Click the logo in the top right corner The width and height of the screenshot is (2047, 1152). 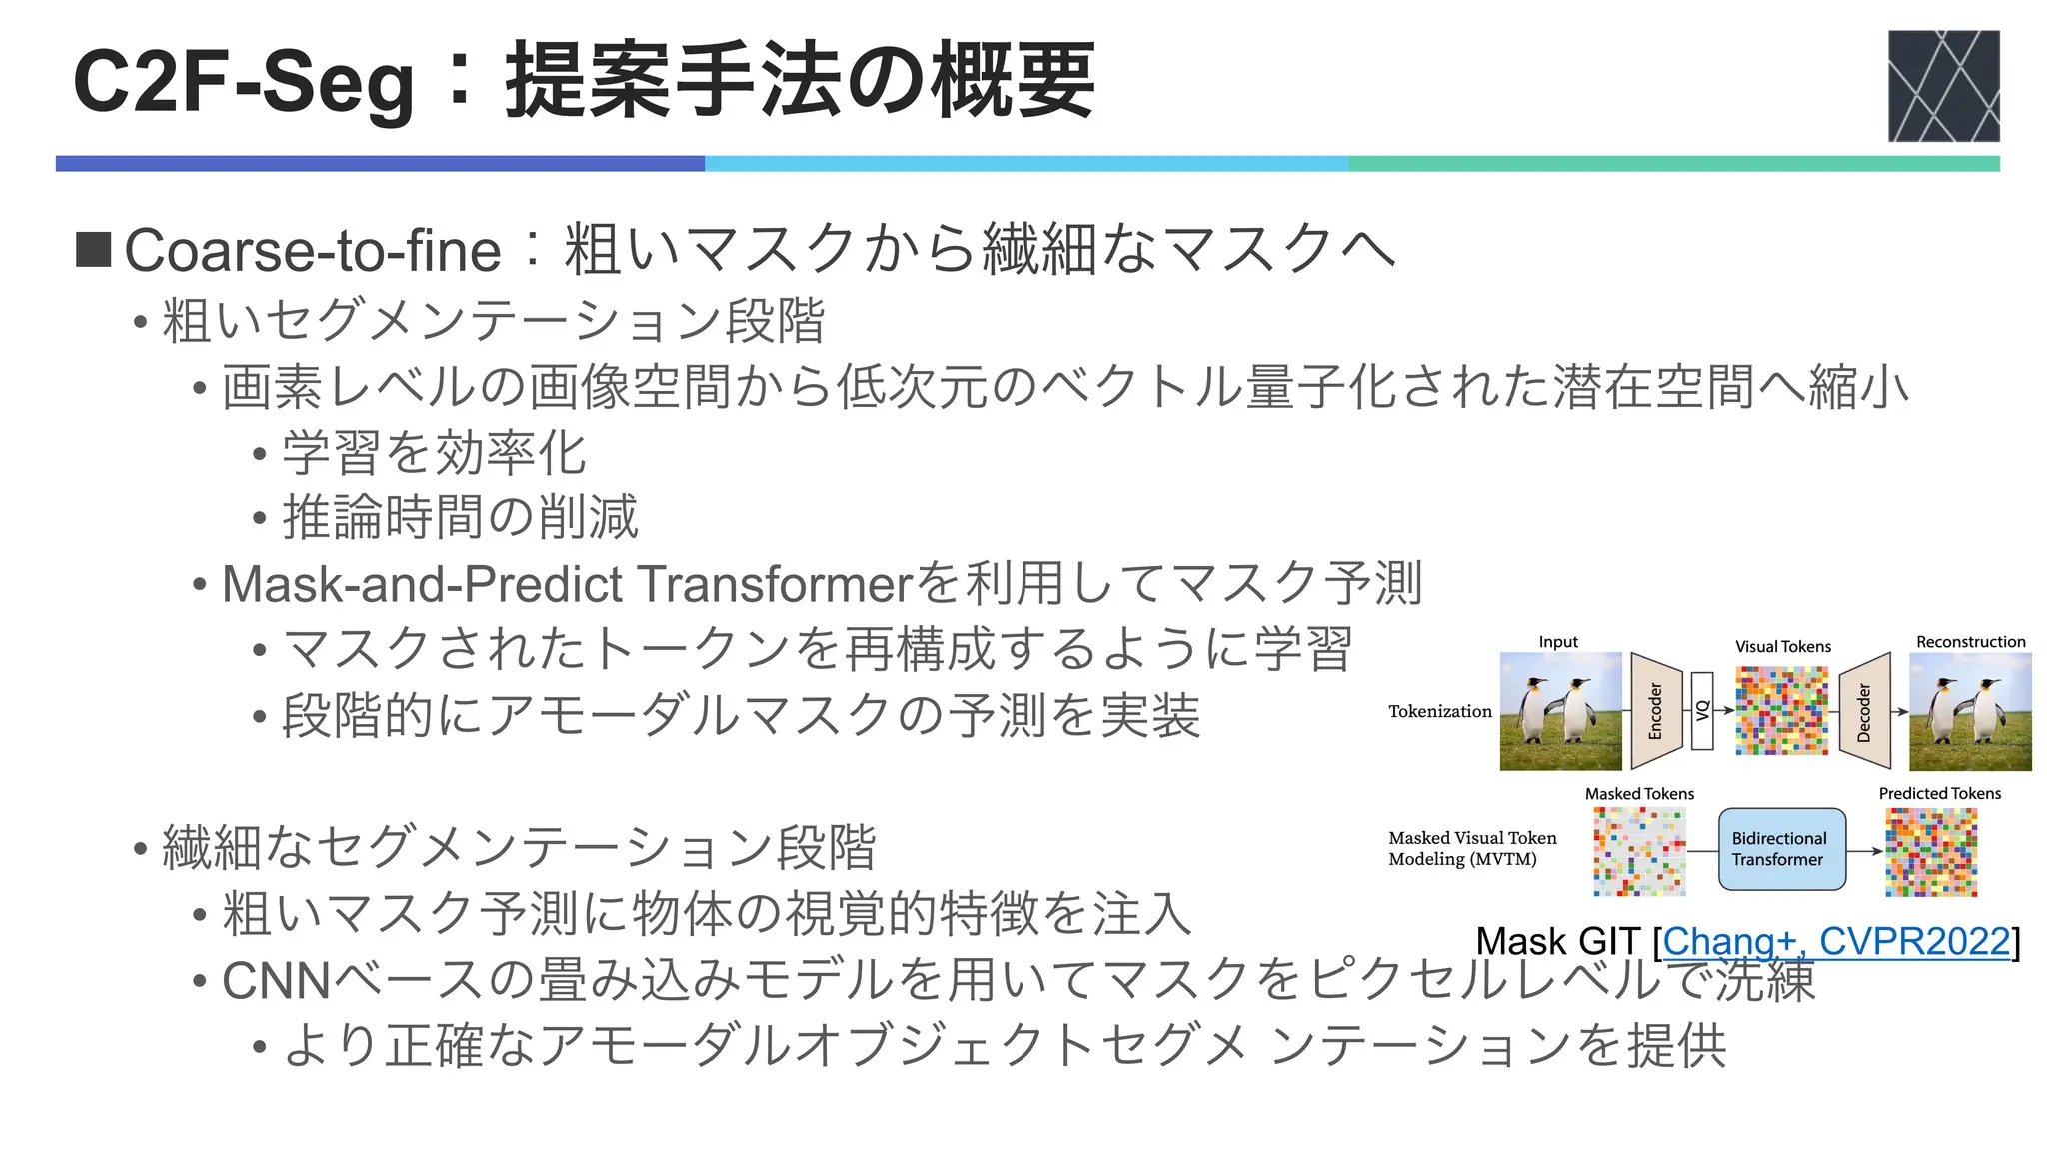pos(1943,86)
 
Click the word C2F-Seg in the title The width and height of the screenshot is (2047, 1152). pos(243,84)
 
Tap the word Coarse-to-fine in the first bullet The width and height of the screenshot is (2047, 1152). pos(312,250)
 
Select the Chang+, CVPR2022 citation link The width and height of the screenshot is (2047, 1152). pos(1835,941)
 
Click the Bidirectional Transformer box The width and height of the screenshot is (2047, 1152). pos(1781,849)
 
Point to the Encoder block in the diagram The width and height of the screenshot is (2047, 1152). pos(1656,711)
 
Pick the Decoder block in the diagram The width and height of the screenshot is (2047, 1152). pos(1864,711)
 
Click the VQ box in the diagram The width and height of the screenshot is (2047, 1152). pos(1702,711)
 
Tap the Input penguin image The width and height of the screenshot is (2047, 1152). pos(1560,711)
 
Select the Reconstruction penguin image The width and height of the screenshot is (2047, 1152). pos(1970,711)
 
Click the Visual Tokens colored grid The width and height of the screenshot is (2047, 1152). pos(1782,711)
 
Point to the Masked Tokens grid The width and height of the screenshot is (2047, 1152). pos(1639,851)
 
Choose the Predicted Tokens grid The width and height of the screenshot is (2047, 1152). pos(1931,851)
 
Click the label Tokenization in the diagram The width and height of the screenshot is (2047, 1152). pos(1439,711)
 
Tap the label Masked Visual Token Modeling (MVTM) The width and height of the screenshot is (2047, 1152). pos(1471,848)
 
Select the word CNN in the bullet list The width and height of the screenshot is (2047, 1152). pos(276,981)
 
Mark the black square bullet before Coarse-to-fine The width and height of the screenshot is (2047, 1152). pos(94,250)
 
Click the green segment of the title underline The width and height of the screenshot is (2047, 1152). pos(1673,164)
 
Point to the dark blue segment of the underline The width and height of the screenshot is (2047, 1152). pos(380,164)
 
